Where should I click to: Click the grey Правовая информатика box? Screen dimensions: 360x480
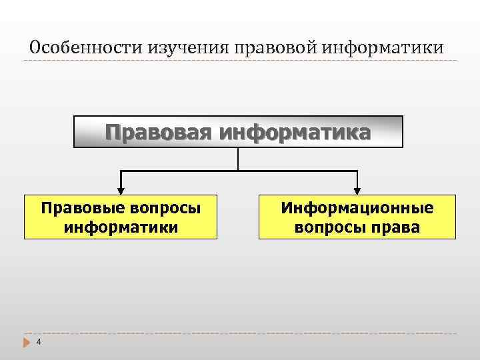point(238,131)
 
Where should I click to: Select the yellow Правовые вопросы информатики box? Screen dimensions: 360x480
point(121,217)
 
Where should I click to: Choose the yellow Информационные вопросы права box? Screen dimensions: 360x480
point(357,217)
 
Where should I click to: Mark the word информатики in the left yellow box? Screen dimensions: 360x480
point(121,227)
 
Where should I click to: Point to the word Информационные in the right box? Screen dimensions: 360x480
point(357,208)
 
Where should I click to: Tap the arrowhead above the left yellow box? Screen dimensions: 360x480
point(121,190)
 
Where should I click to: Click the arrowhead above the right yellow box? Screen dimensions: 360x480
point(357,190)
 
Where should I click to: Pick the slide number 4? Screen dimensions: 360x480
point(39,342)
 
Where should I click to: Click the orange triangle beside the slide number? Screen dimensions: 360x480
point(27,342)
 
